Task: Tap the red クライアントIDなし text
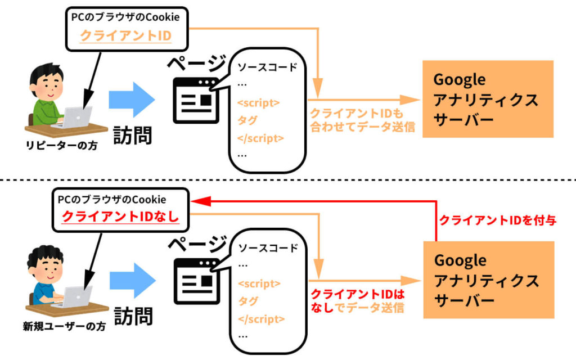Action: coord(120,217)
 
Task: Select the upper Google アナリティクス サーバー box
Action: coord(488,99)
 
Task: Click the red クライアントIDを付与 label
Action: coord(497,220)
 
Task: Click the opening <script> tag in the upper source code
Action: coord(258,103)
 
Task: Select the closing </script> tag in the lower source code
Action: coord(260,318)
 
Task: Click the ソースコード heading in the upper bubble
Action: coord(267,68)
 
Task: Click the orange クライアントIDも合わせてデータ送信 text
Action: coord(362,119)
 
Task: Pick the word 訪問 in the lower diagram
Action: coord(133,315)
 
